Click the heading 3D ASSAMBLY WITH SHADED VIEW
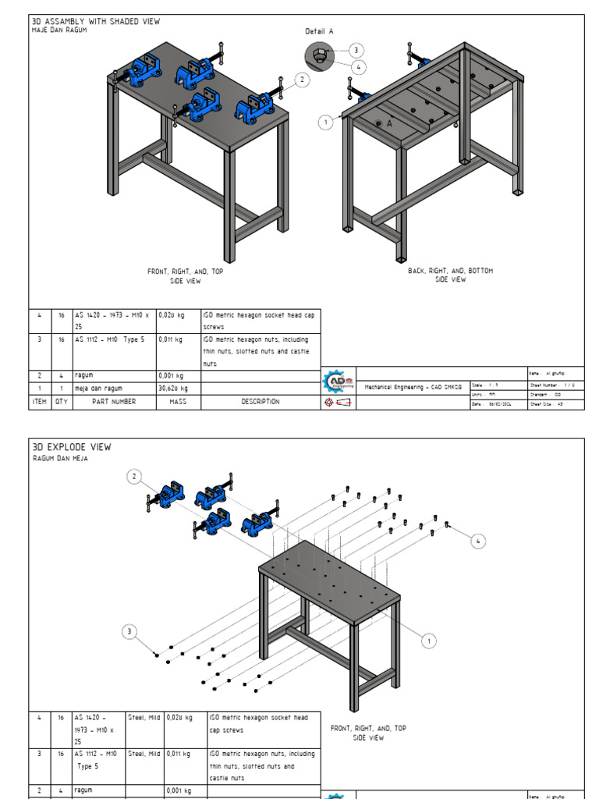96,22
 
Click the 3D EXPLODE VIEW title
72,447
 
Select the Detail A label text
319,31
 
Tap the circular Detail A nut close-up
319,55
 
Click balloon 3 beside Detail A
356,50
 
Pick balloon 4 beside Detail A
359,67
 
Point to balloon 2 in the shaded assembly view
301,79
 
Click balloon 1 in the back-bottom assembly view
325,122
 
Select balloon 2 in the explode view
134,476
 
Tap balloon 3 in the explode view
130,631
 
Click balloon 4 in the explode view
479,540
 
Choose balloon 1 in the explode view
428,641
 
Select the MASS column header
178,401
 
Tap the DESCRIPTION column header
260,401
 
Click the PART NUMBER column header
114,401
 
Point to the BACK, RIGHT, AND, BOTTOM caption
450,275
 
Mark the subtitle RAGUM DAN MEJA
60,458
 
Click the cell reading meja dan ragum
99,388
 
